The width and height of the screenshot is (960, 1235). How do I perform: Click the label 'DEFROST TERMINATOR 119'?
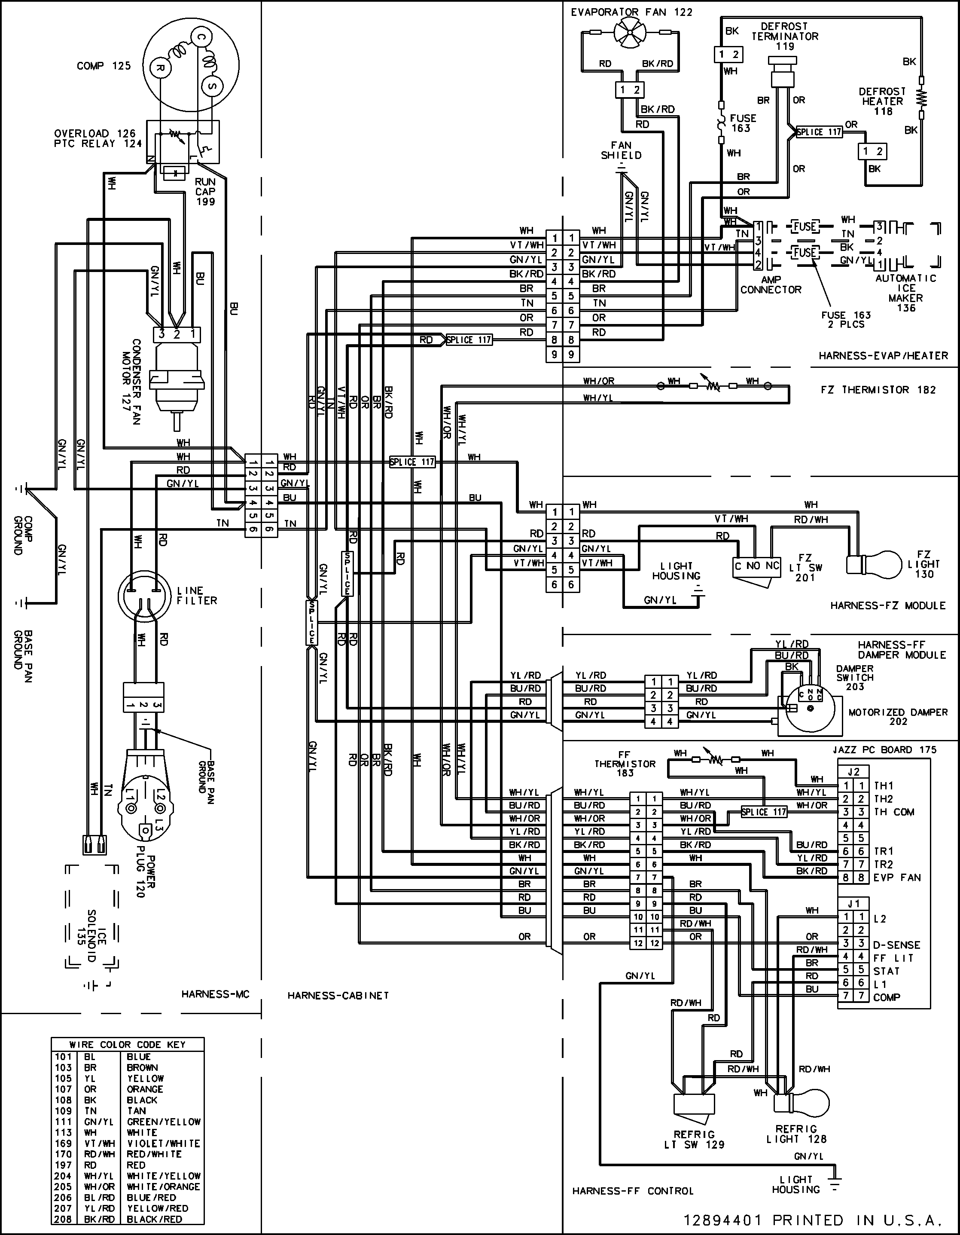tap(784, 36)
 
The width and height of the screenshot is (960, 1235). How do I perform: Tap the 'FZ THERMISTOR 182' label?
tap(878, 390)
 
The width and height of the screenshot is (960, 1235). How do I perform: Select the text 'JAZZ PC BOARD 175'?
tap(884, 750)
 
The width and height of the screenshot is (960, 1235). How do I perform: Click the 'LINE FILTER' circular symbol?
tap(143, 596)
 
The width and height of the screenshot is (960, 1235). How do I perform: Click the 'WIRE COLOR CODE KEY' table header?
tap(127, 1045)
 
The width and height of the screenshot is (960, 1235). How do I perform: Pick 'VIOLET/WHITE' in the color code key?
tap(163, 1143)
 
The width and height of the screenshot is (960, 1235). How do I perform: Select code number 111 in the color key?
tap(63, 1121)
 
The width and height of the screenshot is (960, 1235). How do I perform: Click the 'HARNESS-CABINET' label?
tap(338, 995)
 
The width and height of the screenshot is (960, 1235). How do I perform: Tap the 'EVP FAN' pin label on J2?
tap(897, 877)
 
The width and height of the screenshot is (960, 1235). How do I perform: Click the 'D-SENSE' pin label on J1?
tap(896, 945)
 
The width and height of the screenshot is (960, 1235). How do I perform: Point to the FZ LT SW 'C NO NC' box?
tap(756, 566)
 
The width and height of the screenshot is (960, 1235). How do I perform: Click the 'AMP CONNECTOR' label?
tap(771, 284)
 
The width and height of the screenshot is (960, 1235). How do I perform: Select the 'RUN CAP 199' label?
tap(205, 192)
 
